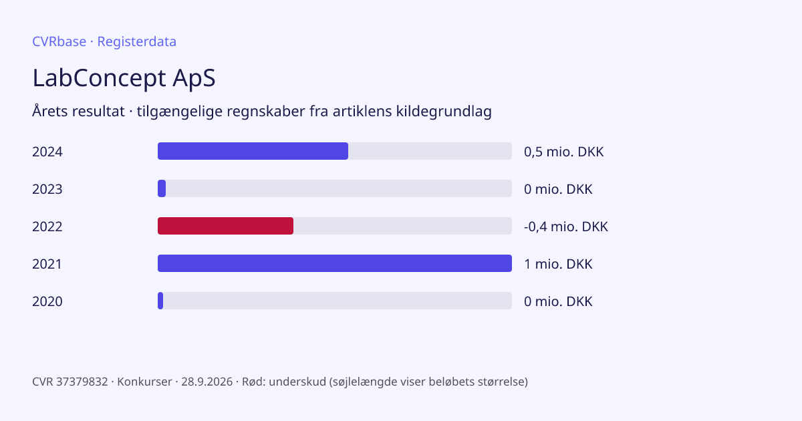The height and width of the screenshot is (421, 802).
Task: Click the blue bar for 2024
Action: pos(253,151)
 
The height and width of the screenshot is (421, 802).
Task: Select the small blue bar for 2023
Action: pos(162,188)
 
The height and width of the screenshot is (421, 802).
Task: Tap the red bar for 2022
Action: pos(226,226)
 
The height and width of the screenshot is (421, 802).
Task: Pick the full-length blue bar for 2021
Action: pos(335,263)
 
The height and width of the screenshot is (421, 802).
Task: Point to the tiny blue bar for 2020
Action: pos(160,301)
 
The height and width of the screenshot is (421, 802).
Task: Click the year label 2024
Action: pos(47,152)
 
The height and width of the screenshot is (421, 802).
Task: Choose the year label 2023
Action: pos(47,189)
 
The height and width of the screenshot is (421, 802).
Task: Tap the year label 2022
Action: pos(47,227)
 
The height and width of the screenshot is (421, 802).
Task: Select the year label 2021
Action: pos(47,264)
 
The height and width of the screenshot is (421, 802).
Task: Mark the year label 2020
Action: pos(47,301)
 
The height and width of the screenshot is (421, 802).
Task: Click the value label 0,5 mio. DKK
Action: pos(564,152)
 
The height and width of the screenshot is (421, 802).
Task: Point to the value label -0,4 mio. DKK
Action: pos(566,227)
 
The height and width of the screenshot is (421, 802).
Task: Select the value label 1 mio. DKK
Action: pos(558,264)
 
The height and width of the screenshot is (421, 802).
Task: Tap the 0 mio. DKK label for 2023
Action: pos(558,189)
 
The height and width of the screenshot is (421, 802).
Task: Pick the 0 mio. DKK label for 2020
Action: pos(558,301)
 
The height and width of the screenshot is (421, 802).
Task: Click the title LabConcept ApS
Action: pos(124,78)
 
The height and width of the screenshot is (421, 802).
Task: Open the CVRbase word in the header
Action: pos(59,41)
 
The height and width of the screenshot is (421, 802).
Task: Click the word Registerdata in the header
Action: pos(137,42)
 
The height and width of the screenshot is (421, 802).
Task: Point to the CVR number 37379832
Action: pos(82,382)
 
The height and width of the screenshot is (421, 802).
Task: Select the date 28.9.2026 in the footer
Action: pos(207,382)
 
